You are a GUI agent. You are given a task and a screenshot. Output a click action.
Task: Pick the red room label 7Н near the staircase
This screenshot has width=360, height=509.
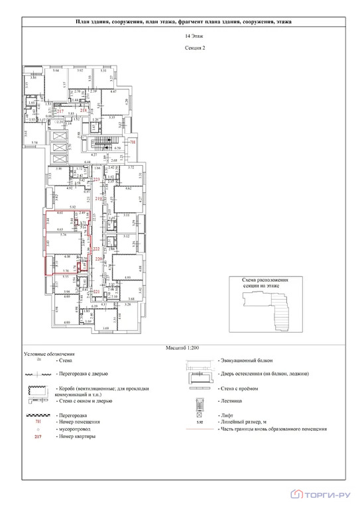click(x=133, y=142)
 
